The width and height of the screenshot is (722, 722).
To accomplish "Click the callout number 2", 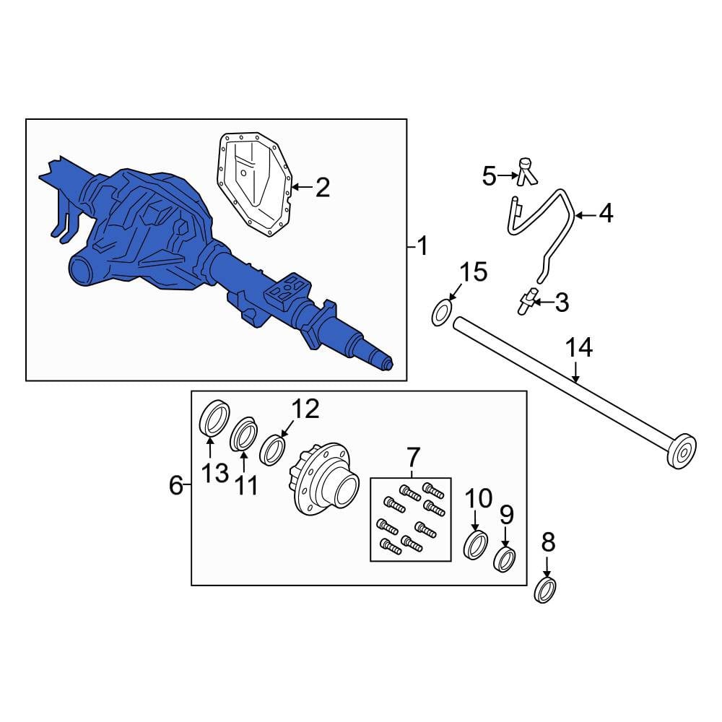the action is click(x=322, y=188).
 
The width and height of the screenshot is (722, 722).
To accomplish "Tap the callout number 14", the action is click(x=579, y=348).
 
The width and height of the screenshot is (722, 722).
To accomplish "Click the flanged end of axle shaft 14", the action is click(x=682, y=451).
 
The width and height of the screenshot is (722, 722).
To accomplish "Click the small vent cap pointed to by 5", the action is click(x=526, y=172).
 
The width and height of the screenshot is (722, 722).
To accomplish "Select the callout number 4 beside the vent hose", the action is click(x=606, y=214).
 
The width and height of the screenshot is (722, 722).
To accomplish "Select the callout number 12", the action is click(x=305, y=409).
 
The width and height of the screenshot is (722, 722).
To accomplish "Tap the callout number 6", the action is click(x=176, y=485).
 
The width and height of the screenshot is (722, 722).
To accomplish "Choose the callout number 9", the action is click(x=507, y=515).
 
